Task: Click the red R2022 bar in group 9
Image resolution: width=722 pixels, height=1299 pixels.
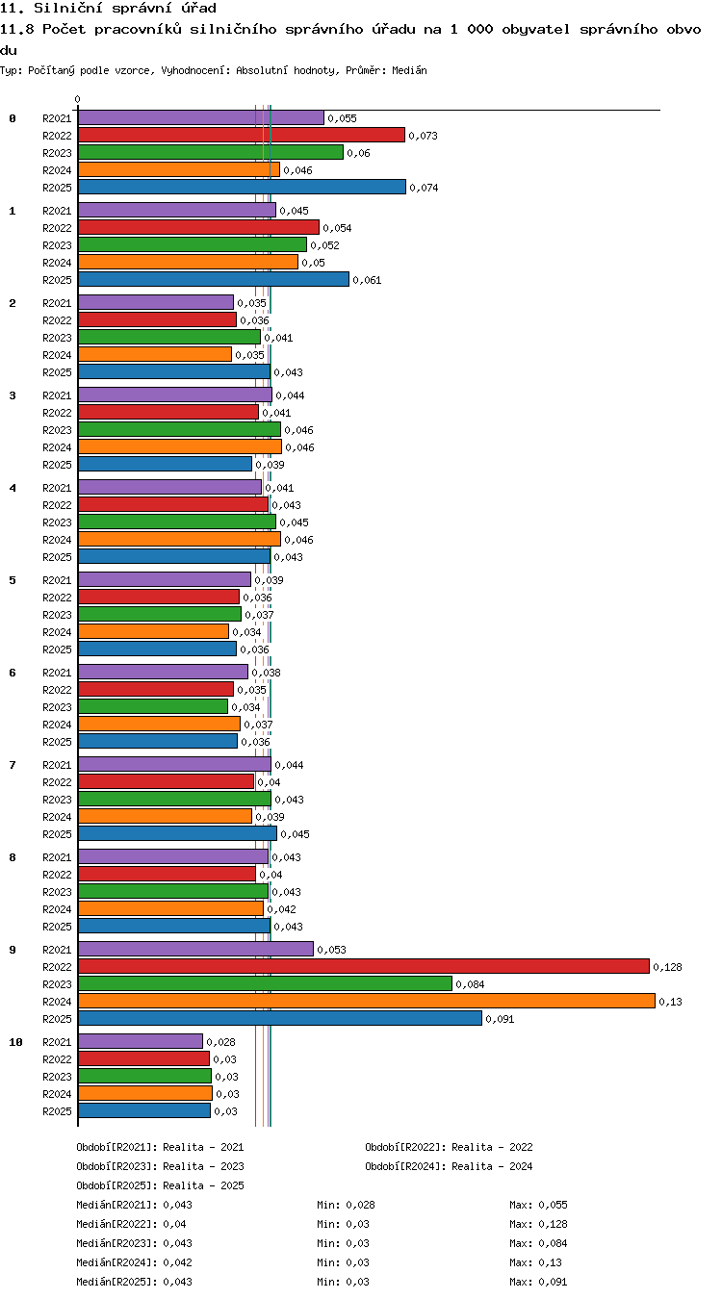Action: click(x=364, y=966)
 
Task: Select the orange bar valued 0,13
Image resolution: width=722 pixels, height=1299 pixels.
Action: click(x=367, y=1001)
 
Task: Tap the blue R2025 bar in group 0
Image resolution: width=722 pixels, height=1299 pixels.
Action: click(x=242, y=187)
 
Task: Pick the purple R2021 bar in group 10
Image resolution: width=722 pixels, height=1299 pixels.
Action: click(x=141, y=1041)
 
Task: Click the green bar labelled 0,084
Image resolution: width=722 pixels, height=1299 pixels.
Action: click(x=266, y=983)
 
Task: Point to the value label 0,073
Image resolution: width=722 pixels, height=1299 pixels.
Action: click(x=424, y=136)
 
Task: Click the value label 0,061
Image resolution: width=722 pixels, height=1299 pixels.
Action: click(x=367, y=281)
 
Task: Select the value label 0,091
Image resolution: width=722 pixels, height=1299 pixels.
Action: click(x=500, y=1019)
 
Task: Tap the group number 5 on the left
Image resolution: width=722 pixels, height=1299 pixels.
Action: click(x=13, y=580)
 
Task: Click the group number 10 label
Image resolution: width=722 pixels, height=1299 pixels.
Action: click(x=15, y=1042)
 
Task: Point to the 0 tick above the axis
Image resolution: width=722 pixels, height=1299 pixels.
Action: click(x=77, y=99)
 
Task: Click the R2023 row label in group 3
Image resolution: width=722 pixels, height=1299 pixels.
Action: click(x=57, y=430)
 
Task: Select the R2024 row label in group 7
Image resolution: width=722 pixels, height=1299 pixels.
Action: click(x=57, y=817)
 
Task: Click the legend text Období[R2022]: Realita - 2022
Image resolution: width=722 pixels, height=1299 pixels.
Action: click(x=449, y=1147)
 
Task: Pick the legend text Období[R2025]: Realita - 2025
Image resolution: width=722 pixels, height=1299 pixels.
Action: click(x=160, y=1185)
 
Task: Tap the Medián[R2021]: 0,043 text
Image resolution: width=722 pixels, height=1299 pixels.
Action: click(x=134, y=1205)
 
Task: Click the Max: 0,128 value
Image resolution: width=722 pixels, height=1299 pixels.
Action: click(x=538, y=1224)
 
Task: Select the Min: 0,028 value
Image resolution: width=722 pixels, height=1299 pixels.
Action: click(x=346, y=1205)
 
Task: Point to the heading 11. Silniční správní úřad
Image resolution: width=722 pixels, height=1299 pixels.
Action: click(x=108, y=8)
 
